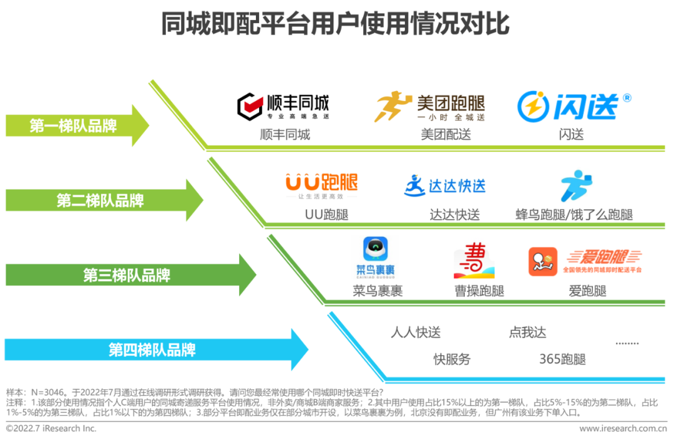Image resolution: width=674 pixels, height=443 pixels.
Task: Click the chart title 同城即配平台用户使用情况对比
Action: [336, 24]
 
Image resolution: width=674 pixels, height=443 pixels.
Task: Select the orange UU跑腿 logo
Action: [321, 183]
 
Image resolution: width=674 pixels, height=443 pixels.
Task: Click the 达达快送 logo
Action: [444, 185]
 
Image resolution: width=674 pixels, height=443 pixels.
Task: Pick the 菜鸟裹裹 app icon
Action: [375, 258]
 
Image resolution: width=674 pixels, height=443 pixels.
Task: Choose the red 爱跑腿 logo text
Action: [603, 258]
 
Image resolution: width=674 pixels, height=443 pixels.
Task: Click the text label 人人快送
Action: [416, 333]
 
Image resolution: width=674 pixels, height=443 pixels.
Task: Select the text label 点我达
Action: [527, 333]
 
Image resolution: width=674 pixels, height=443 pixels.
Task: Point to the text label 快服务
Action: [452, 359]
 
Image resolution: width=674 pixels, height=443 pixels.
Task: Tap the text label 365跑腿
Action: [562, 359]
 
